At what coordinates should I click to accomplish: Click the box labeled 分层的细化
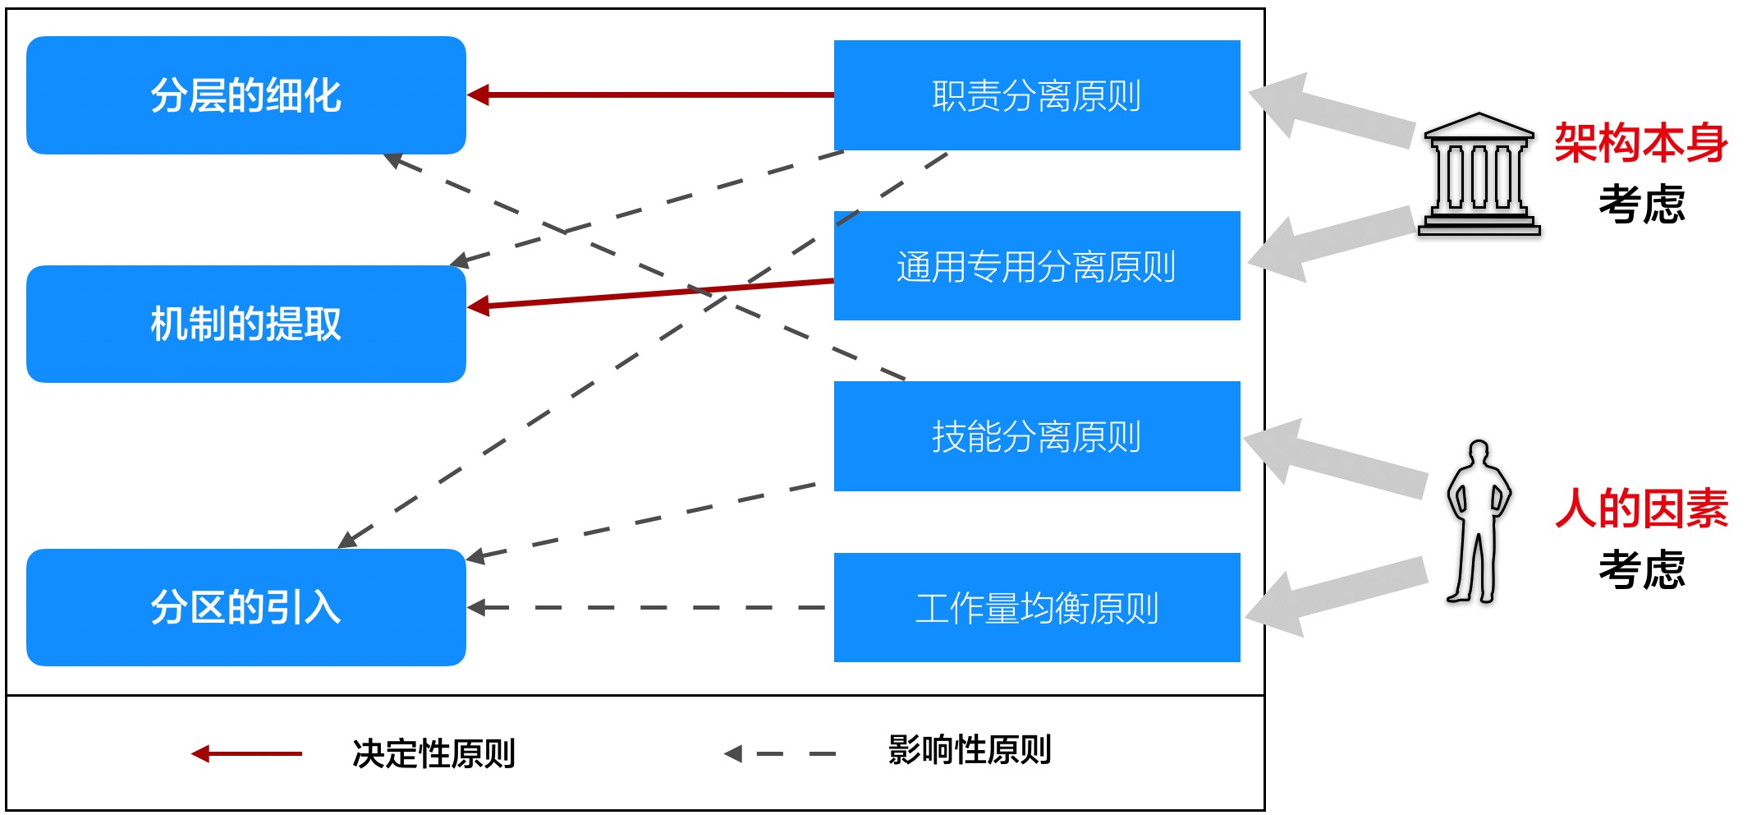click(x=245, y=95)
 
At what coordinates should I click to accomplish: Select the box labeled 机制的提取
click(x=245, y=324)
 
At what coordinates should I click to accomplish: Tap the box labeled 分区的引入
click(x=245, y=607)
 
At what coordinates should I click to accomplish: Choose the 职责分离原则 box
click(x=1036, y=95)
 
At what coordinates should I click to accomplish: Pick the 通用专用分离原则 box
click(x=1036, y=266)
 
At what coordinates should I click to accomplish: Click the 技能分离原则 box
click(x=1036, y=436)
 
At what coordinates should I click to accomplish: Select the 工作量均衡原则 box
click(x=1036, y=608)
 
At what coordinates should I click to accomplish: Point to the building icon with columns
click(x=1479, y=174)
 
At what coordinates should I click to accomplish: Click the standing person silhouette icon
click(x=1478, y=522)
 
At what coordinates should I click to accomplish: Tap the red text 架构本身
click(x=1640, y=143)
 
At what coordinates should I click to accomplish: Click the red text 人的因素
click(x=1640, y=508)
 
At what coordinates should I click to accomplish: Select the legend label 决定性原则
click(x=433, y=753)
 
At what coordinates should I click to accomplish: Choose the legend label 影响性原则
click(x=969, y=750)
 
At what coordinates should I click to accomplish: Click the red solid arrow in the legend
click(x=246, y=753)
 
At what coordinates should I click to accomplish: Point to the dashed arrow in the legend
click(x=780, y=753)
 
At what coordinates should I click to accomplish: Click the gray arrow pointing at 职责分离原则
click(x=1330, y=111)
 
